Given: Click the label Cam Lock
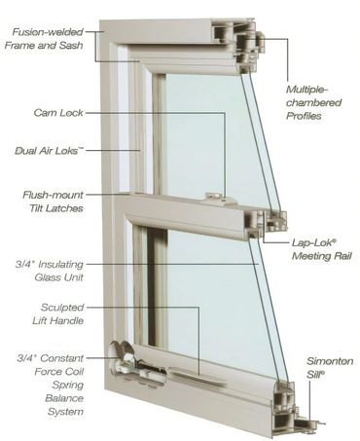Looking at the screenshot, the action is coord(58,113).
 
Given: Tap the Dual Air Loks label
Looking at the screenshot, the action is coord(49,151).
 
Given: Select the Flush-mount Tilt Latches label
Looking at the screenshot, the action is coord(53,202).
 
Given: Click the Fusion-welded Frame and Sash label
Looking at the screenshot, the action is coord(44,39).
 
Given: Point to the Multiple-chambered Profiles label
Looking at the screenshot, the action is coord(313,102).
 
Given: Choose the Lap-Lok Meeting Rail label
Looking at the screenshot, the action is coord(321,249).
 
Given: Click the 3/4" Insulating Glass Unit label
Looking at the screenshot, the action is coord(50,271).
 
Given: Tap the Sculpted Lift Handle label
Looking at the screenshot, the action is coord(58,313).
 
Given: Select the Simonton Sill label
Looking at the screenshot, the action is coord(330,367).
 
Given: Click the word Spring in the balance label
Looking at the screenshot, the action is coord(67,385).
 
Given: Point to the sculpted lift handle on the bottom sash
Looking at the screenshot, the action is coord(198,377).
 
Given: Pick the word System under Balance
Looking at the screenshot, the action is coord(65,412).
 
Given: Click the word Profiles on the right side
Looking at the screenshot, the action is coord(304,116).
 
